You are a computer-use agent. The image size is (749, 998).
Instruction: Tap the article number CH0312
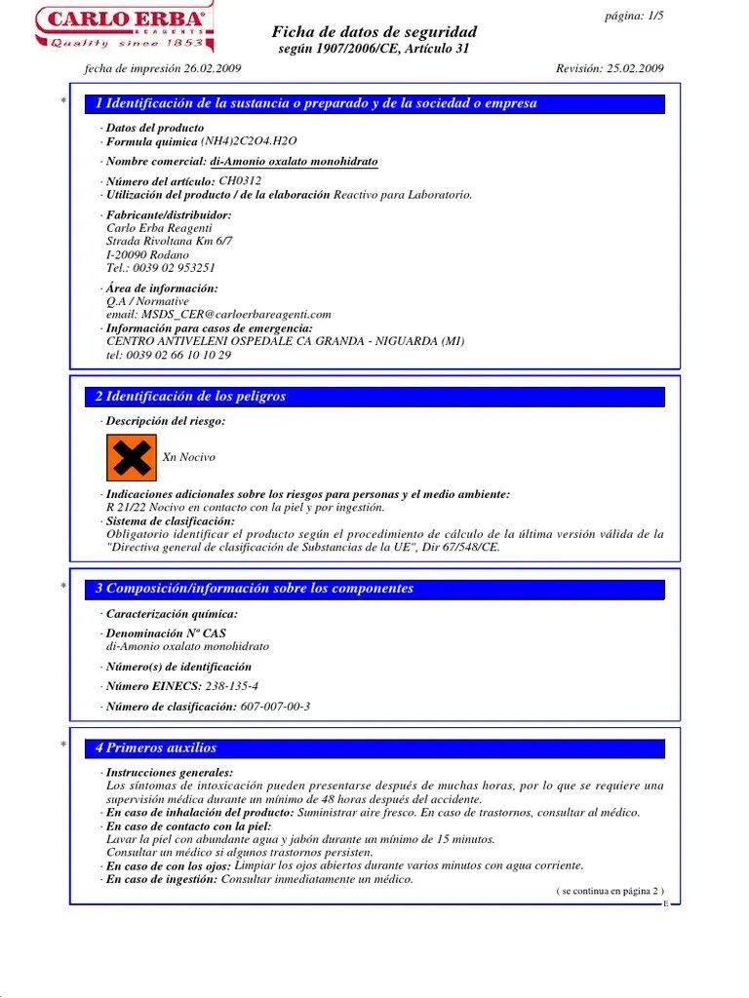(x=240, y=181)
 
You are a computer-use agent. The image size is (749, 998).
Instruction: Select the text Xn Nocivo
(x=189, y=458)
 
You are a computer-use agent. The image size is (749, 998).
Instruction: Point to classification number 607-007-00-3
(x=276, y=707)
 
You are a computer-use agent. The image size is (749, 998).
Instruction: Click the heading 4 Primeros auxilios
(x=156, y=748)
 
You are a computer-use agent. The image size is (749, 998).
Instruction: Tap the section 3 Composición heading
(x=255, y=589)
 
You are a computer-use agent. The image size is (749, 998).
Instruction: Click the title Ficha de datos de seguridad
(x=374, y=32)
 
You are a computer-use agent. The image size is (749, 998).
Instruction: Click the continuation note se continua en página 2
(x=611, y=891)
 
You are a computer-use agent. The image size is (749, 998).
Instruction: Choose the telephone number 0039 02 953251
(x=173, y=268)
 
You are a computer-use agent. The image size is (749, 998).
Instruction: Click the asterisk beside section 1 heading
(x=63, y=103)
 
